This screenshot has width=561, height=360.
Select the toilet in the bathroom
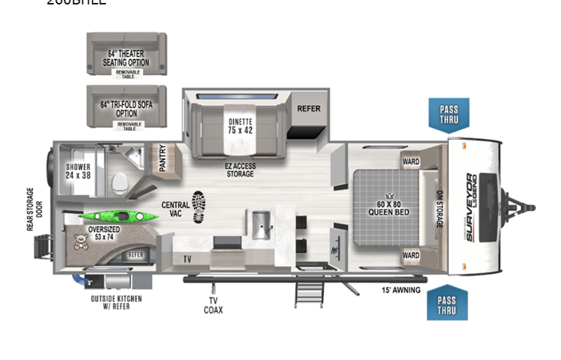click(119, 182)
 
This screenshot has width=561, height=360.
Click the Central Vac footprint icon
click(199, 206)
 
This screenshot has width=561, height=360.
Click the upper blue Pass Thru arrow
click(449, 115)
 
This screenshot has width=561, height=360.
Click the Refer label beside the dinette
click(309, 109)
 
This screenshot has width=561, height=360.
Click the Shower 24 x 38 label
click(79, 170)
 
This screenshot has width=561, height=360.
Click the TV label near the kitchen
click(186, 259)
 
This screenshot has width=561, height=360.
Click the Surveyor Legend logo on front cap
click(469, 208)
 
